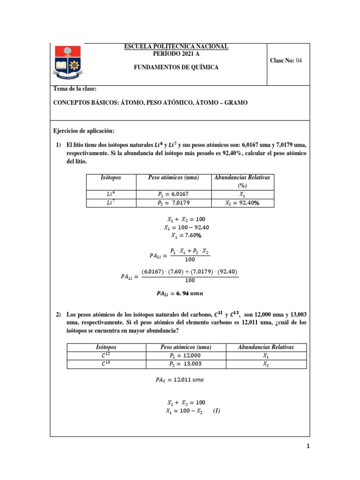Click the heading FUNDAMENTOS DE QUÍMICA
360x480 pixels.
click(x=176, y=67)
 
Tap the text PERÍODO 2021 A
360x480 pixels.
click(x=176, y=53)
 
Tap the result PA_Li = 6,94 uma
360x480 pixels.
click(x=180, y=293)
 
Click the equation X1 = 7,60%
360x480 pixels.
click(x=186, y=235)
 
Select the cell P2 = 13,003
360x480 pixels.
click(x=185, y=364)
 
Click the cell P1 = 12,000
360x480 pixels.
click(x=185, y=355)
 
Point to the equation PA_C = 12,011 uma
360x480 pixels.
click(x=180, y=380)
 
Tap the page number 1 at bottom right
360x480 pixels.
click(x=308, y=446)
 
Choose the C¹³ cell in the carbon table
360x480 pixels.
click(x=107, y=364)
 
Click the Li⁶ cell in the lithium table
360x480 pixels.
click(x=111, y=194)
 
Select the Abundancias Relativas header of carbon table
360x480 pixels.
click(x=266, y=347)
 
